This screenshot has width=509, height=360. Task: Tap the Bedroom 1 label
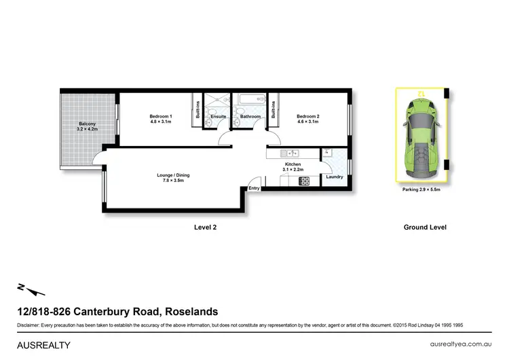click(161, 117)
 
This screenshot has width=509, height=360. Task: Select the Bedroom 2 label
click(307, 117)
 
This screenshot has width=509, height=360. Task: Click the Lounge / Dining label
click(174, 175)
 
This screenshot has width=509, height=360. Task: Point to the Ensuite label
click(218, 117)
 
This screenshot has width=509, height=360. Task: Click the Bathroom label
click(250, 117)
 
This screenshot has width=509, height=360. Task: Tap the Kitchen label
click(293, 164)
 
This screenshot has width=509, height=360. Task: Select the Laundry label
click(334, 177)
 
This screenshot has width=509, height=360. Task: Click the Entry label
click(254, 188)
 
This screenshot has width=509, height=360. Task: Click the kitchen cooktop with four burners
click(304, 181)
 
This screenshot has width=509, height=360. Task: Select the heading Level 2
click(205, 228)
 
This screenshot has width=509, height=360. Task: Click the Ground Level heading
click(425, 228)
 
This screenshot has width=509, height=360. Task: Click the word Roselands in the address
click(191, 312)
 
